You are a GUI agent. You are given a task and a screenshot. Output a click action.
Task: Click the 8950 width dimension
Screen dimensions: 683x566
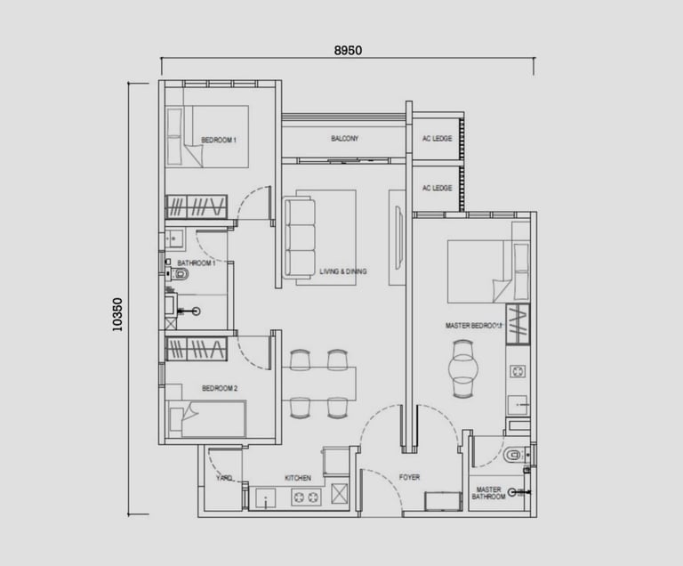348,51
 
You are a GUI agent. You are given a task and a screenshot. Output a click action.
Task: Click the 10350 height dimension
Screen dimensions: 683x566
117,314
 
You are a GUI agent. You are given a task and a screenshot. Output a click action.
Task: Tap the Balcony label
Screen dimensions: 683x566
344,139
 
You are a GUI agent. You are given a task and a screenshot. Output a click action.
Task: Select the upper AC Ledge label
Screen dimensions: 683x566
437,139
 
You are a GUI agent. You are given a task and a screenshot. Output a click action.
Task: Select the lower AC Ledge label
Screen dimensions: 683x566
437,188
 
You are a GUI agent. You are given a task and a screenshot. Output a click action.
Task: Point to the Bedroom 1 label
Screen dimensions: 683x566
219,140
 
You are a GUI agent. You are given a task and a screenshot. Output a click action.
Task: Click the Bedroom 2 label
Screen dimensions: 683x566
220,388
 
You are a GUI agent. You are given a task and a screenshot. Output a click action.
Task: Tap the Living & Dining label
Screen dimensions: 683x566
343,271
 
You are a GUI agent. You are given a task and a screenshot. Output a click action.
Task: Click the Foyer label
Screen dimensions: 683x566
409,478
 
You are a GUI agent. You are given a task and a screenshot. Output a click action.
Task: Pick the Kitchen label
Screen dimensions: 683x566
298,478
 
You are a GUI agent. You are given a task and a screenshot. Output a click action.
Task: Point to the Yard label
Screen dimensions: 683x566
224,478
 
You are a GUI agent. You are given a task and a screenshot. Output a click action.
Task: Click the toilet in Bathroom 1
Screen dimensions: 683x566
180,274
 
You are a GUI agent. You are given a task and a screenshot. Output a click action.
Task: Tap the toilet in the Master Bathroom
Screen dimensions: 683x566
515,456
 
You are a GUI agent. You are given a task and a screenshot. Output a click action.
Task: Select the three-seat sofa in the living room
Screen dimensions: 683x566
299,239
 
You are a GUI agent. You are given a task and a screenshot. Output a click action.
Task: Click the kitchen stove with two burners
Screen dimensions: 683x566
306,497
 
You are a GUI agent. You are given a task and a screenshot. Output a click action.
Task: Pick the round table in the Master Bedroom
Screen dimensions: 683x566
462,368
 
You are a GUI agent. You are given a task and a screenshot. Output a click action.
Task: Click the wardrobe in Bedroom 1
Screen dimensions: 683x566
196,206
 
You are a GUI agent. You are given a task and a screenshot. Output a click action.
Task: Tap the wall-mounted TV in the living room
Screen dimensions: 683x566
399,238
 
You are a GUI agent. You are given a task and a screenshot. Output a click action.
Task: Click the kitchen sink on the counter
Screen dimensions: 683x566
265,498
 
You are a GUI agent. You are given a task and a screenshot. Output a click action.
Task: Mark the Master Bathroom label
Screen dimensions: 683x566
489,493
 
